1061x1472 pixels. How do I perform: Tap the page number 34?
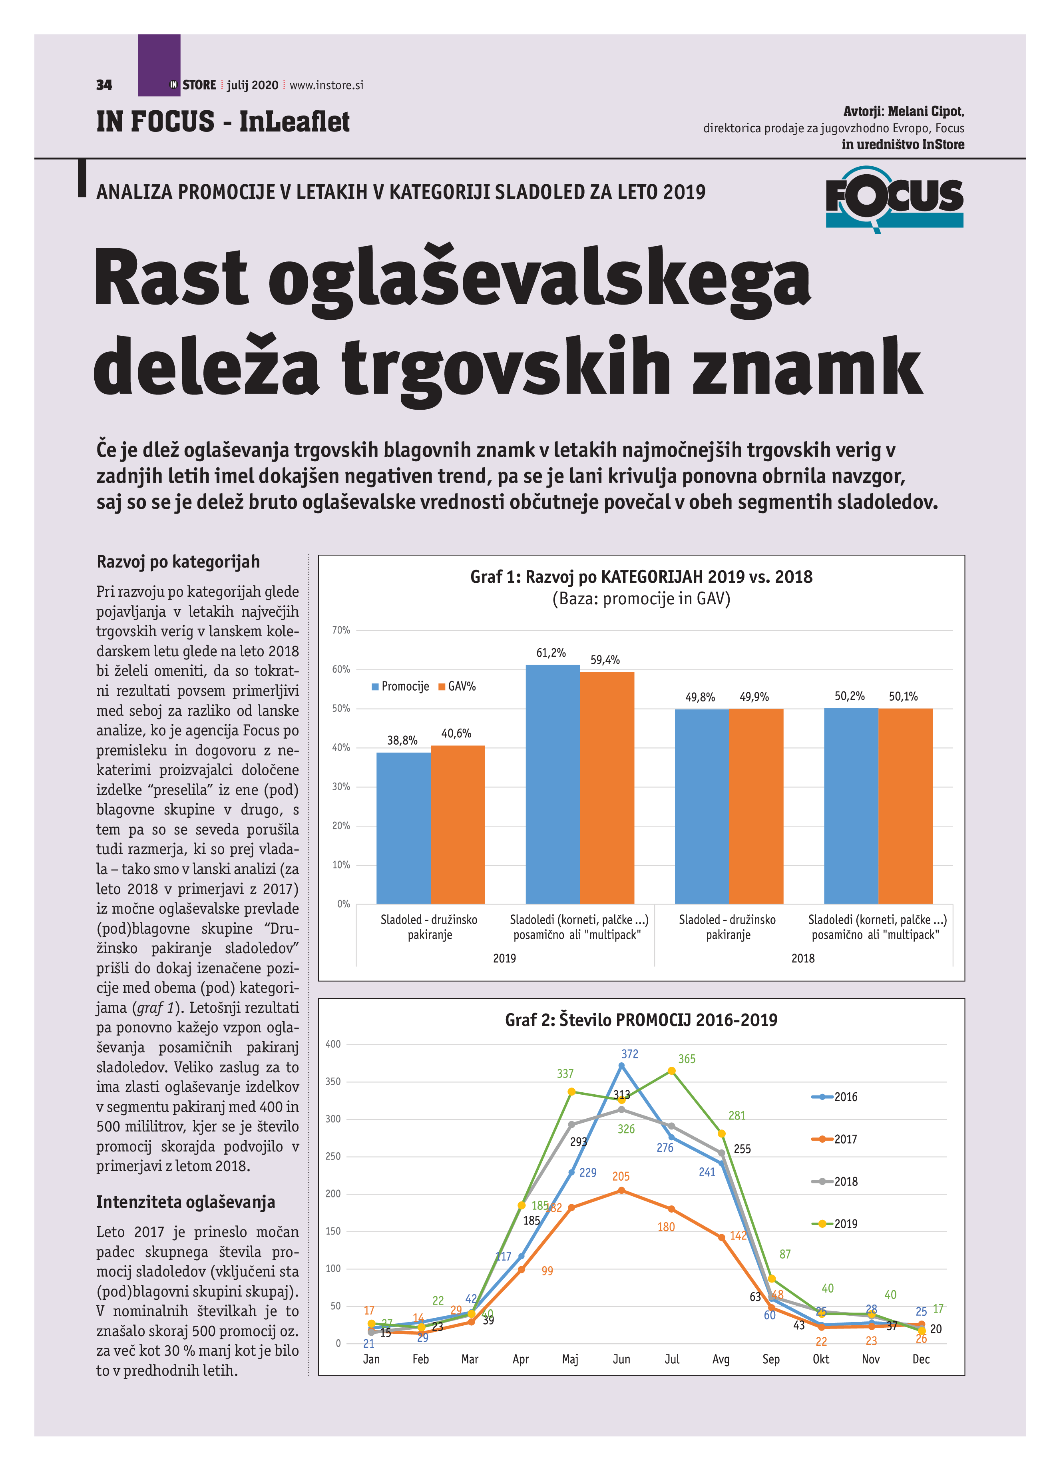[x=104, y=85]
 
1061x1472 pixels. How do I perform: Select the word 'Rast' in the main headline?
[x=171, y=278]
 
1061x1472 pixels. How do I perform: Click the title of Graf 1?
[x=641, y=576]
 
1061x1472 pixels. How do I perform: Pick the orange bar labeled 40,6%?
[x=458, y=824]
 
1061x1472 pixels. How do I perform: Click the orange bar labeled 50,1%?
[x=905, y=805]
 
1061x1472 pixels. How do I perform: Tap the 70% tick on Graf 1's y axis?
[x=341, y=630]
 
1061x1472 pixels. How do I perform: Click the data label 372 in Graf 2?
[x=629, y=1054]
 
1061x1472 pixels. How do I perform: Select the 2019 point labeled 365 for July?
[x=672, y=1071]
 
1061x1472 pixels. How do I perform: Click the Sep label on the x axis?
[x=770, y=1358]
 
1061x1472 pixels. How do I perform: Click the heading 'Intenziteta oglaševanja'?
[x=185, y=1201]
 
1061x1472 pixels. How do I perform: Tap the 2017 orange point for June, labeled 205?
[x=621, y=1190]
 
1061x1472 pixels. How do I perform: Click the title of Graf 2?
[x=641, y=1020]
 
